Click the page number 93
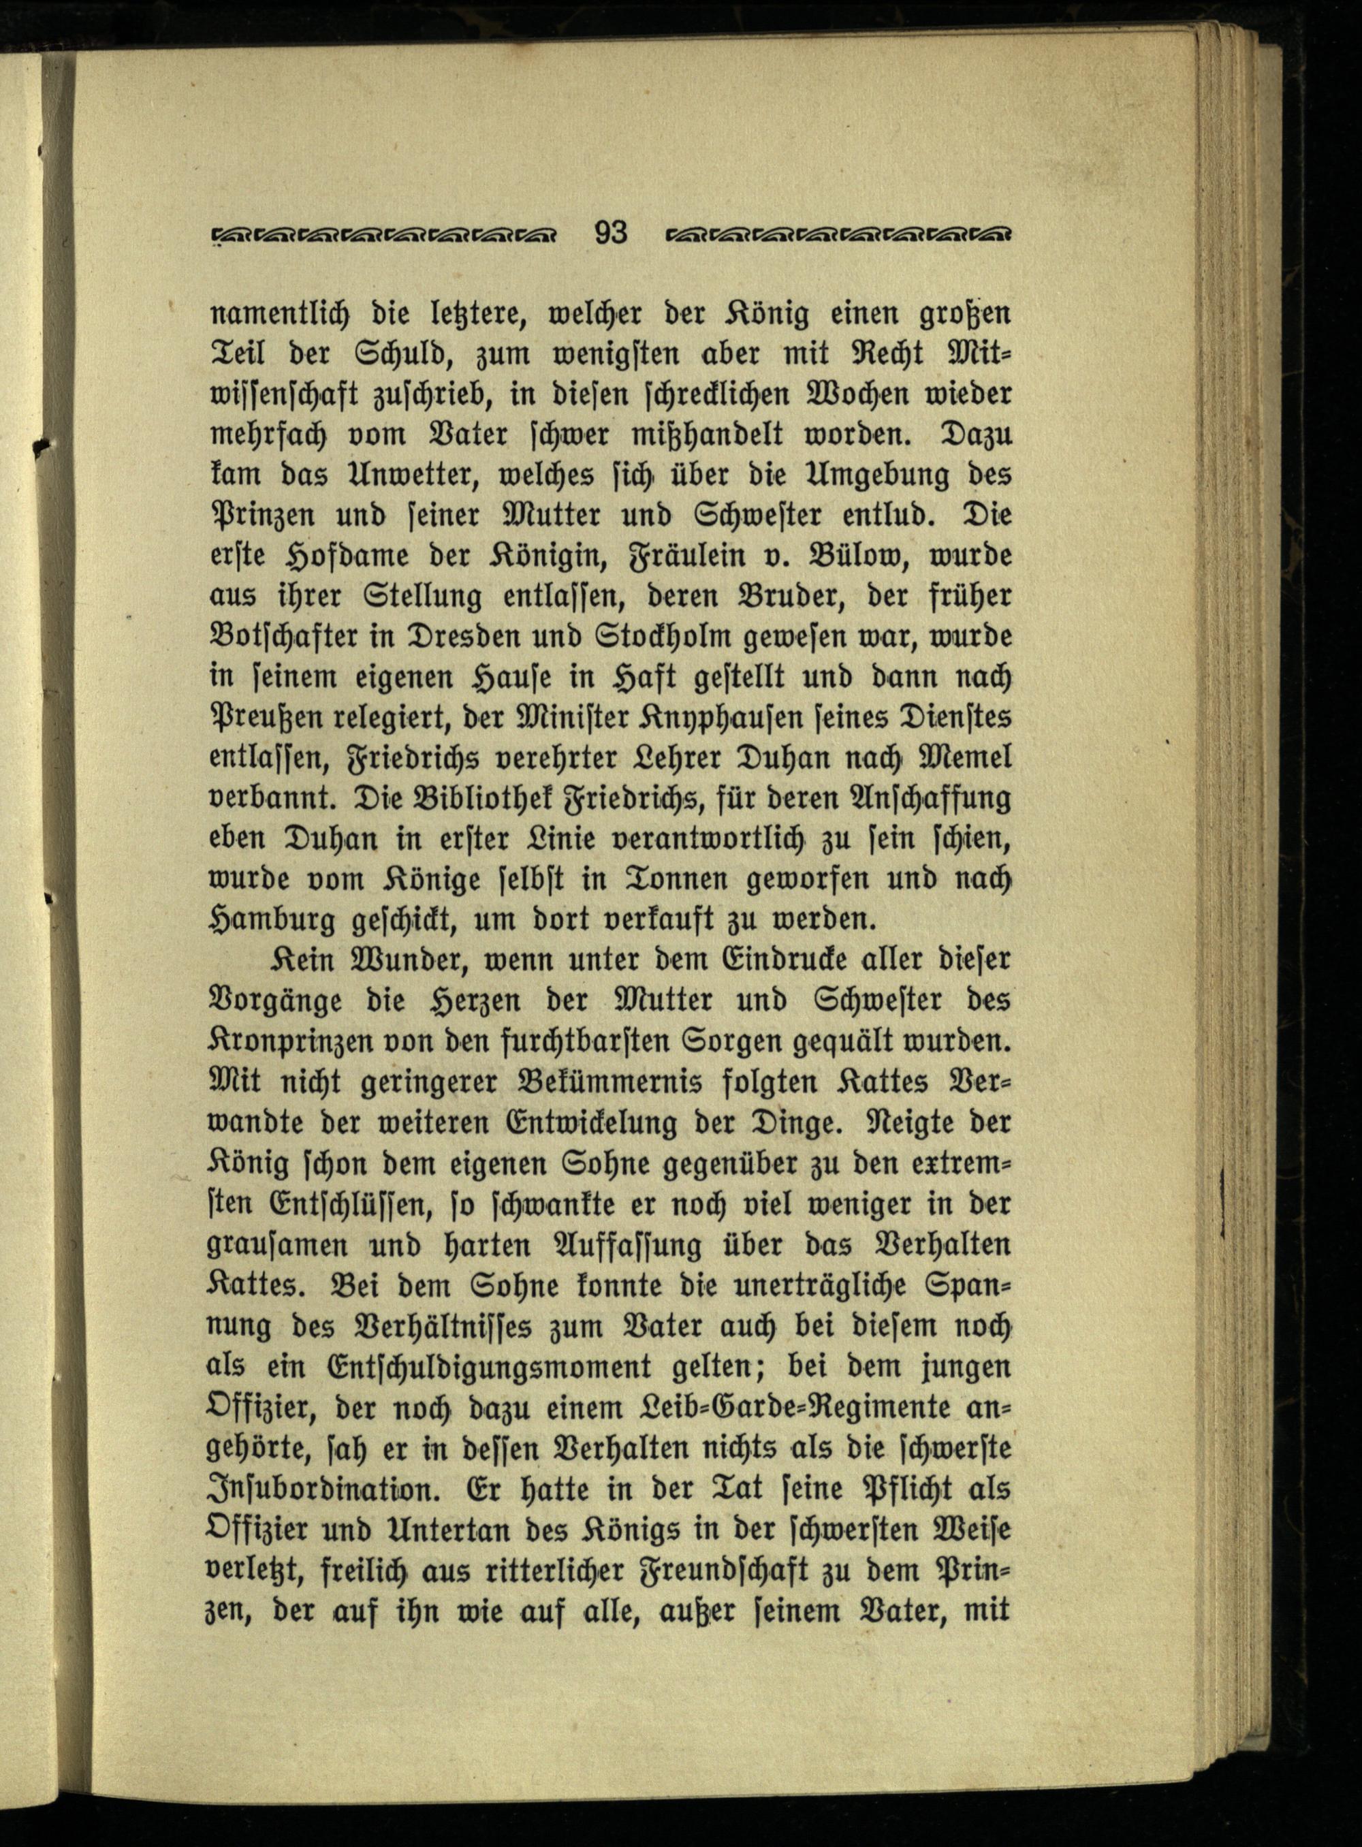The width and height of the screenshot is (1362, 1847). pos(611,234)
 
